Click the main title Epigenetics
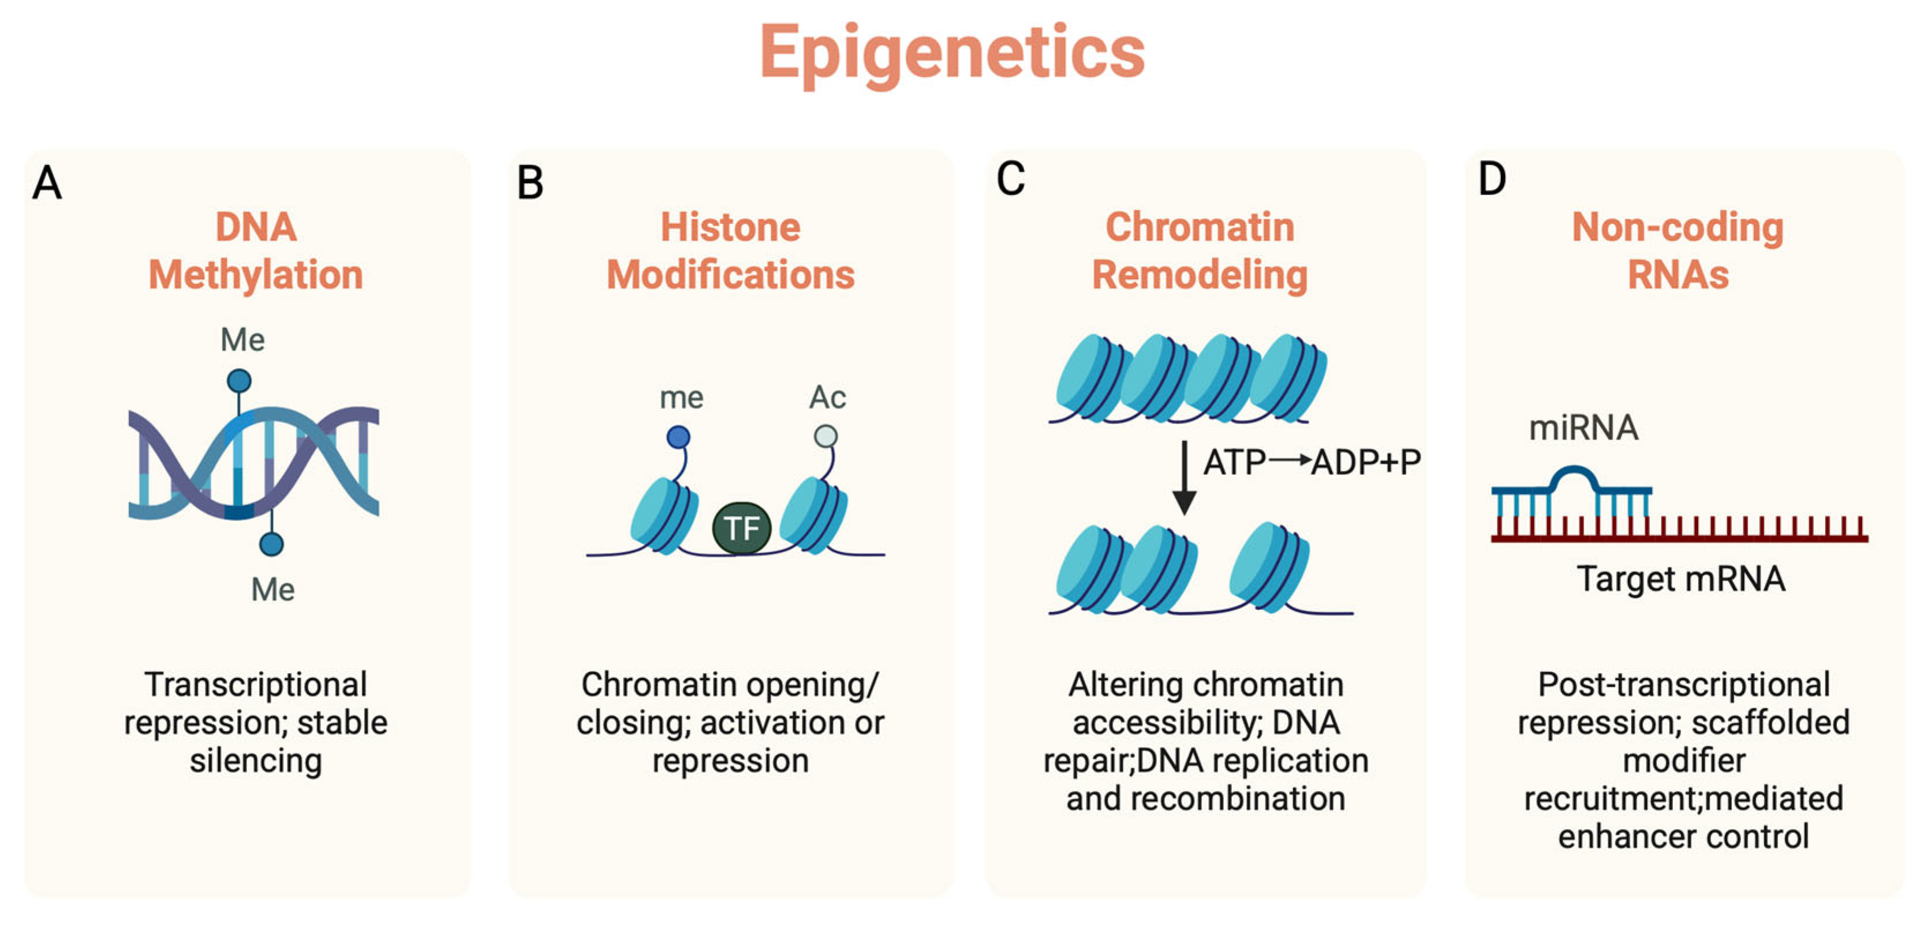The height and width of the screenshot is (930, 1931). tap(952, 52)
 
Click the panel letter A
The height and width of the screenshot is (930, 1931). tap(47, 183)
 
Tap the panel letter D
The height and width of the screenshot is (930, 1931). tap(1492, 180)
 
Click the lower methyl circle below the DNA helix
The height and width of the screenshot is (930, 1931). tap(271, 543)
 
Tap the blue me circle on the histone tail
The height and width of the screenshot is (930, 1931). tap(678, 437)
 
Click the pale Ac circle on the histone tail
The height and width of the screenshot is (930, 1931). tap(826, 436)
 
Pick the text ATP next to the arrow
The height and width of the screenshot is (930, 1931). tap(1234, 462)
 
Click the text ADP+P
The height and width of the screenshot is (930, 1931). tap(1366, 462)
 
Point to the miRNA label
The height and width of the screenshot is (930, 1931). tap(1583, 428)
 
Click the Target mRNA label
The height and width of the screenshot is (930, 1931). tap(1680, 579)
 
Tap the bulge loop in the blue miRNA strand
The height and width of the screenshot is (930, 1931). tap(1574, 477)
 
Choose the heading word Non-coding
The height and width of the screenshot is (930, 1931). tap(1677, 227)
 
